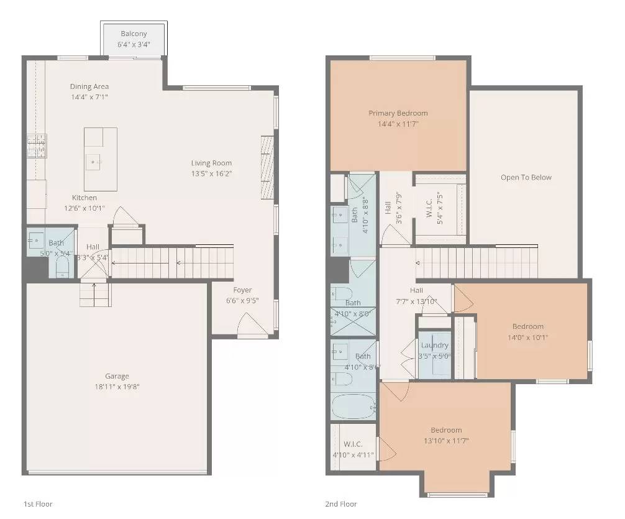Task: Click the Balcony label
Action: tap(134, 34)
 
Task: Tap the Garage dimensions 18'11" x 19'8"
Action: tap(117, 387)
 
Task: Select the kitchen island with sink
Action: tap(100, 159)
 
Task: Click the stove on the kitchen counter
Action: tap(36, 146)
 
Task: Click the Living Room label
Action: tap(212, 163)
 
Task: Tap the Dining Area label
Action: tap(89, 86)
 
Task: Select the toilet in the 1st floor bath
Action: tap(62, 267)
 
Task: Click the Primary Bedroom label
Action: tap(398, 113)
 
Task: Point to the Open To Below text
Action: tap(526, 177)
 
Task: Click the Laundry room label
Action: tap(434, 346)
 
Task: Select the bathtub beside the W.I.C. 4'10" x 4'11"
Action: tap(354, 407)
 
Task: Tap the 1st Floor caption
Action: tap(38, 504)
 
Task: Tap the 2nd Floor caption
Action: tap(341, 504)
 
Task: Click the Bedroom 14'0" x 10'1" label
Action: tap(528, 326)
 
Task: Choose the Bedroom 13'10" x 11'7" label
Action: tap(446, 430)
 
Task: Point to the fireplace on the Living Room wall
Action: tap(267, 167)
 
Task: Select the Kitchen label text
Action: tap(84, 198)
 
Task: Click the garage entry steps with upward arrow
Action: tap(94, 294)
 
